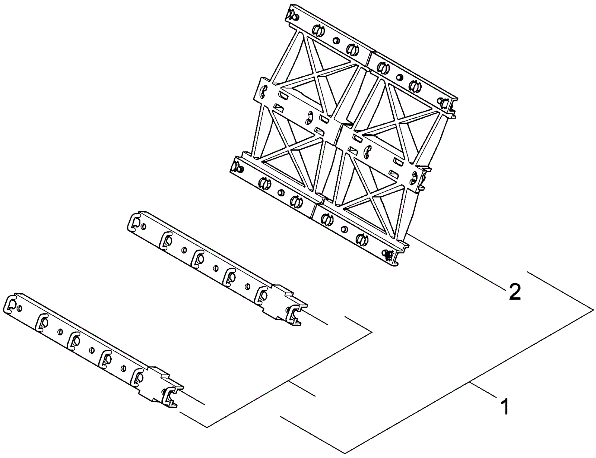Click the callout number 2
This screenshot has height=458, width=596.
pos(514,292)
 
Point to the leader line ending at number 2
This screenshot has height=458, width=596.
pos(455,260)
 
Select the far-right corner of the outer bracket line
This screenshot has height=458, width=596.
pos(593,310)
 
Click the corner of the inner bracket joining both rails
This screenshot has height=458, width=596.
pos(372,332)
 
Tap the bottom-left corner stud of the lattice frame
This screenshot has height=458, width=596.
pos(237,167)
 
